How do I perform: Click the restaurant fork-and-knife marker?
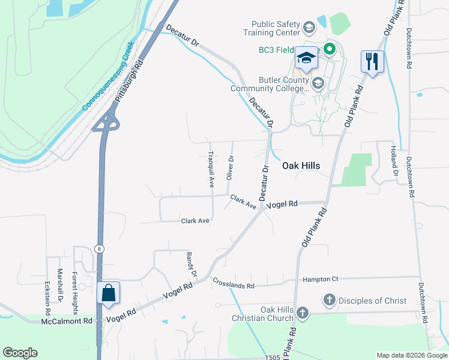(x=372, y=61)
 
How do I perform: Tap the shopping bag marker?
(x=108, y=293)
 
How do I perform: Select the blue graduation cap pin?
(x=306, y=58)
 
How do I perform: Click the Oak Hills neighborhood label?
(x=301, y=166)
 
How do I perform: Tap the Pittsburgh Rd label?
(x=130, y=81)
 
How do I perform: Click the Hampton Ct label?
(x=321, y=279)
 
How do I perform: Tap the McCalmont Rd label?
(x=67, y=321)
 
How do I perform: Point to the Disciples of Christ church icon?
(x=329, y=300)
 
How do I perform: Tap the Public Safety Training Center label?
(x=276, y=28)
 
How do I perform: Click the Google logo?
(x=20, y=353)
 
